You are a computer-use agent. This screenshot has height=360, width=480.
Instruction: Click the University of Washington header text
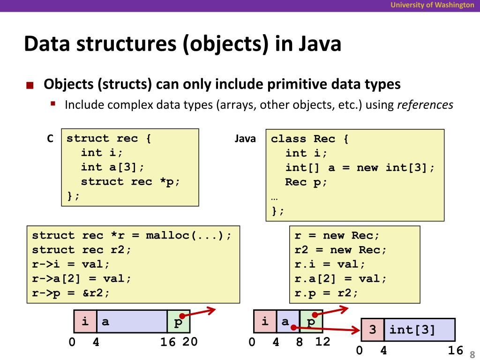click(x=433, y=5)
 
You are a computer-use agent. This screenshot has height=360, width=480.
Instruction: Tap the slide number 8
click(x=472, y=354)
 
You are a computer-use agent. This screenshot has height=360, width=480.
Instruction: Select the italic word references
click(x=425, y=105)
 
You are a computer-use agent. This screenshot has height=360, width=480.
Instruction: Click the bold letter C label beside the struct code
click(x=50, y=139)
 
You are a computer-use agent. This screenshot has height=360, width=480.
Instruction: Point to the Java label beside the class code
click(x=245, y=139)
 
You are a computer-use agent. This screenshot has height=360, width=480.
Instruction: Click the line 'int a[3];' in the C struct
click(x=112, y=167)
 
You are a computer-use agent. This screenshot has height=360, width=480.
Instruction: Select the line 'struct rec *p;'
click(x=130, y=181)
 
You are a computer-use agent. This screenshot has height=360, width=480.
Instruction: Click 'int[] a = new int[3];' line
click(x=360, y=167)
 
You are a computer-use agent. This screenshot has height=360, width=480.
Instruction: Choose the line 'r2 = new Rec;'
click(x=341, y=250)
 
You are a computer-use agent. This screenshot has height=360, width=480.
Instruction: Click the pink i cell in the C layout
click(x=85, y=322)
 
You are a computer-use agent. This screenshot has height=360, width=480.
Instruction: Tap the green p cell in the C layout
click(x=179, y=322)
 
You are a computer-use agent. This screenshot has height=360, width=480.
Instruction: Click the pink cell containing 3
click(x=373, y=330)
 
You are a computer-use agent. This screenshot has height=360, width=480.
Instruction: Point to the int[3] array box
click(x=419, y=330)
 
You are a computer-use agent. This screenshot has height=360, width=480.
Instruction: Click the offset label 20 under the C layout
click(x=190, y=343)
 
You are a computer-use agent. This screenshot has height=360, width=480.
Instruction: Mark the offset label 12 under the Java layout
click(x=322, y=342)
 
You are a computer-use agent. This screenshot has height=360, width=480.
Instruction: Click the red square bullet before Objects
click(x=30, y=85)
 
